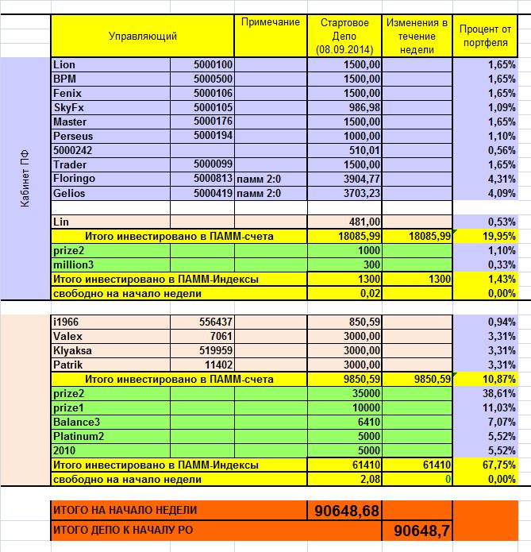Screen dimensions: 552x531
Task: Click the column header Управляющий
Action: (x=143, y=36)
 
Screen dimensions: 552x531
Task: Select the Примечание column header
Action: (x=269, y=21)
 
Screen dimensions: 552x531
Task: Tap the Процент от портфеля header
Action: (x=483, y=36)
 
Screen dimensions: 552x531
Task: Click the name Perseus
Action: (x=72, y=136)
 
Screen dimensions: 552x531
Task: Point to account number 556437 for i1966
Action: (x=214, y=322)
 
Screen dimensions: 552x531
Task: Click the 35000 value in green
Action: (x=366, y=393)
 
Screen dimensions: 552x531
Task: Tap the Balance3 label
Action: (x=77, y=422)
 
